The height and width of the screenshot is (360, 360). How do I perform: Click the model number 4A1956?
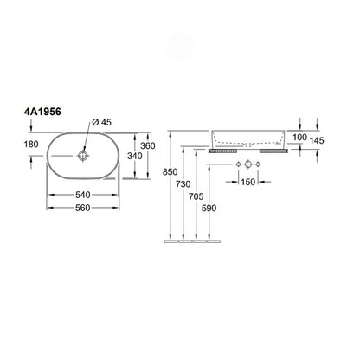[x=42, y=112]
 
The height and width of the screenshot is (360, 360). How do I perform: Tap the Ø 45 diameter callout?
[x=101, y=122]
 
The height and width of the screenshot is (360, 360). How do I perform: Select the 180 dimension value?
[x=31, y=144]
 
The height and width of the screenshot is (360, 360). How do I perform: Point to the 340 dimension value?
[x=135, y=156]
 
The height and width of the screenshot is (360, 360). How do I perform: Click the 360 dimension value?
[x=148, y=145]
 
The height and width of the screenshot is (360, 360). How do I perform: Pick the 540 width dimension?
[x=83, y=195]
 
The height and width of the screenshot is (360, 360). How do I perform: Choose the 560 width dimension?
[x=83, y=208]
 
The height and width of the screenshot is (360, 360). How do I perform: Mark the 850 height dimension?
[x=170, y=172]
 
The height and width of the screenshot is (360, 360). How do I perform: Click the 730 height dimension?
[x=183, y=184]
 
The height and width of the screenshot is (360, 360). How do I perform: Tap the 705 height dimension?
[x=196, y=196]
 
